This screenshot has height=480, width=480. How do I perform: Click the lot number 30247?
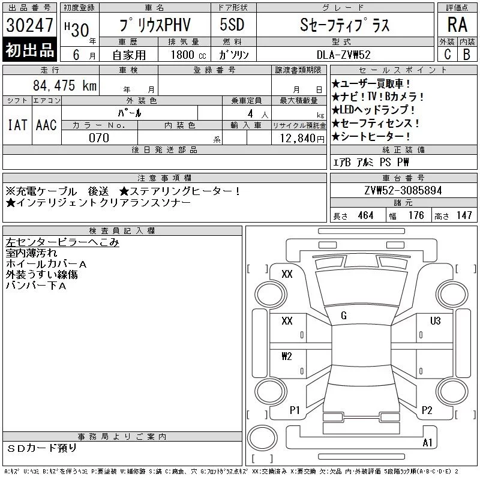coord(29,25)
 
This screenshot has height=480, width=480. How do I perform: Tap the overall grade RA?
coord(457,25)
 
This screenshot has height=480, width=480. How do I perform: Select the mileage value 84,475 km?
coord(65,85)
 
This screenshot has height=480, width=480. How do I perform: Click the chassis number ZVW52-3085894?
coord(403,190)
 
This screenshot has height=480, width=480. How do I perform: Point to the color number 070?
coord(99,138)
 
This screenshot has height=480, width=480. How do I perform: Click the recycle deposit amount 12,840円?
coord(302,139)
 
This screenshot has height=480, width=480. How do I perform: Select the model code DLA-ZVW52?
coord(343,55)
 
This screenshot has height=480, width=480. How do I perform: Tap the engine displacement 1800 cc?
coord(188,55)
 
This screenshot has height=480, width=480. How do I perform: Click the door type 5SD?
coord(232,25)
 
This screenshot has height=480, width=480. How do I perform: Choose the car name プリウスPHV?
coord(155,25)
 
